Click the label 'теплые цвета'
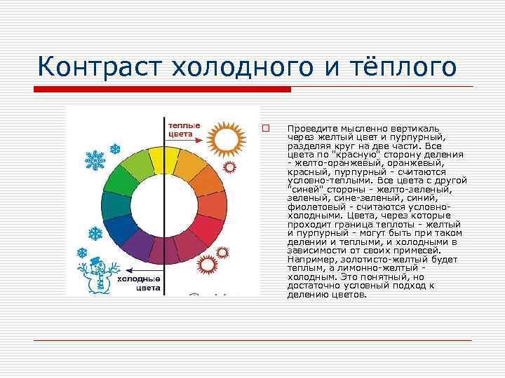tap(184, 129)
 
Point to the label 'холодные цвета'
tap(139, 283)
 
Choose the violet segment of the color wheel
tap(141, 245)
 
